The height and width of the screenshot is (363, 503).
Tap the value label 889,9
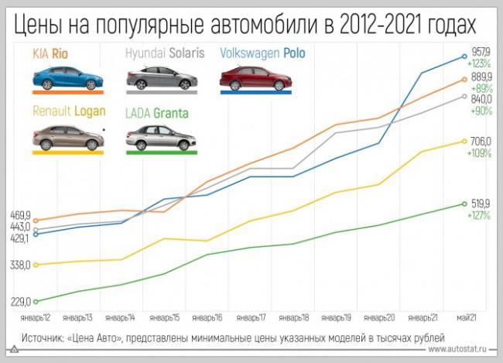coord(481,76)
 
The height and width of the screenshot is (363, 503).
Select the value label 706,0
coord(481,140)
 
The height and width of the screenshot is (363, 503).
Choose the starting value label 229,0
coord(19,302)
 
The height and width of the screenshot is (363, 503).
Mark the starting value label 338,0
coord(19,265)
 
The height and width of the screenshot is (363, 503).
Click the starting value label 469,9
coord(19,216)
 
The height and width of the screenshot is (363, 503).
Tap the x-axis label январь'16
coord(208,318)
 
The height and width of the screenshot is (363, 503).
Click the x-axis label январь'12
coord(36,318)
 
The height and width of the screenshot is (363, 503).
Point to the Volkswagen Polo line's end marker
coord(464,56)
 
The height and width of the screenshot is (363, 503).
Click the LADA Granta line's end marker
coord(464,204)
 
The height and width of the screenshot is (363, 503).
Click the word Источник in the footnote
coord(43,338)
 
